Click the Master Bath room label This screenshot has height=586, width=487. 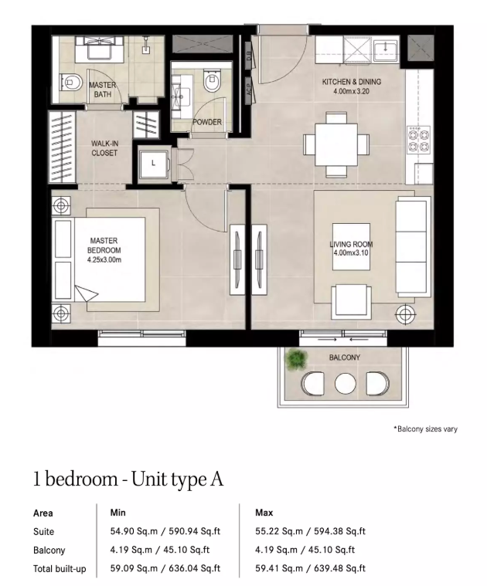click(103, 90)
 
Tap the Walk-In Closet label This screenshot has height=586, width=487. click(104, 148)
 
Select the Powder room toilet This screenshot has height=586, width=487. click(212, 80)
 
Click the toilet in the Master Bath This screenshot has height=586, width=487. click(71, 83)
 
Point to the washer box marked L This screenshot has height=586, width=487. click(154, 164)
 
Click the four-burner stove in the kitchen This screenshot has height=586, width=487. click(418, 139)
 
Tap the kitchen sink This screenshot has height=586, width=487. click(385, 48)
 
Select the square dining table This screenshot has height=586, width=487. click(336, 144)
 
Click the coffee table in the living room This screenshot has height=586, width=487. click(351, 246)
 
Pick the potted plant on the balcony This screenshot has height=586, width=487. click(296, 359)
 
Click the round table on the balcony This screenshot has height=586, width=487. click(345, 384)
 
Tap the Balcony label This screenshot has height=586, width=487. click(345, 357)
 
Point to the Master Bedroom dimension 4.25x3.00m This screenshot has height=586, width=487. click(104, 259)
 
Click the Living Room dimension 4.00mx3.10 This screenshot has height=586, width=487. click(351, 253)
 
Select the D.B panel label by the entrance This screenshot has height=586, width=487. click(249, 56)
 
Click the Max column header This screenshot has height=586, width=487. click(264, 513)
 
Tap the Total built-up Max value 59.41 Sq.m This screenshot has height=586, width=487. click(279, 568)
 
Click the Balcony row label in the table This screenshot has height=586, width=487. click(49, 550)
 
